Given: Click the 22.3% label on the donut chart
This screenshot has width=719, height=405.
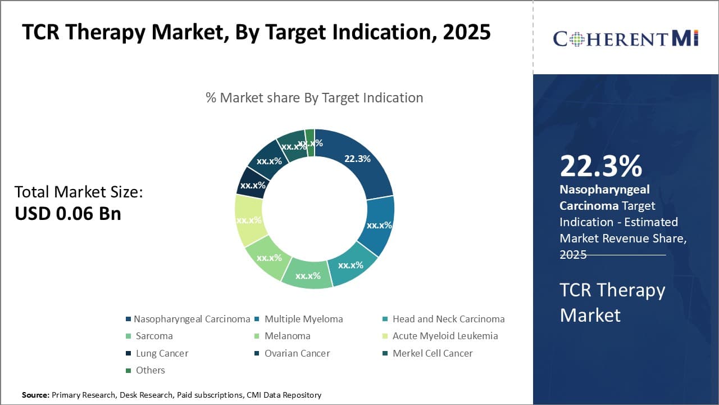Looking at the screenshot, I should coord(357,159).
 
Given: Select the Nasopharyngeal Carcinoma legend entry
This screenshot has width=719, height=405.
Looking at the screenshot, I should coord(192,319).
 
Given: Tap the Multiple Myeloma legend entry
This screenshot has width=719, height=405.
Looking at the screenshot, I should coord(303,319).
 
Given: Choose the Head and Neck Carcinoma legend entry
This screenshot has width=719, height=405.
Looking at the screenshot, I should coord(448,319).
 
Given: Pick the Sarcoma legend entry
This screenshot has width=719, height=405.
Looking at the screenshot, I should coord(154,336).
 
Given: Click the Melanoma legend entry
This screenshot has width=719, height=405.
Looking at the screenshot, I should coord(287,336).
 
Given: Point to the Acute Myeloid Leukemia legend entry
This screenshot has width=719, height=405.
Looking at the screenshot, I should coord(445,336).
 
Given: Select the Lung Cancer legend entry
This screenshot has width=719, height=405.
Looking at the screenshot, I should coord(162,353).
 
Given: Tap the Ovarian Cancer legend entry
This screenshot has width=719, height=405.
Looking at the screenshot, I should coord(297,353).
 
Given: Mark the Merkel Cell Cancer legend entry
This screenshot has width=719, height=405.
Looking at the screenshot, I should coord(432,353).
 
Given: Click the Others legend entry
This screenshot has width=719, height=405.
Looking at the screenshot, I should coord(150,370).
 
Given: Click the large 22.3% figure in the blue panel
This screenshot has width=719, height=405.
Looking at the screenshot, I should coord(600,166).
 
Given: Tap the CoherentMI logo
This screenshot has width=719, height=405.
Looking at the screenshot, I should coord(625,38).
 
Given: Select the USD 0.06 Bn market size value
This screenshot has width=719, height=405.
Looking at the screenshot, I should coord(67,213).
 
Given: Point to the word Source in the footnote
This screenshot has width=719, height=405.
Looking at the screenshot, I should coord(35,395).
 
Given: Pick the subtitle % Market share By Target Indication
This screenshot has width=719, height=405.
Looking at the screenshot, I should coord(314,97).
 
